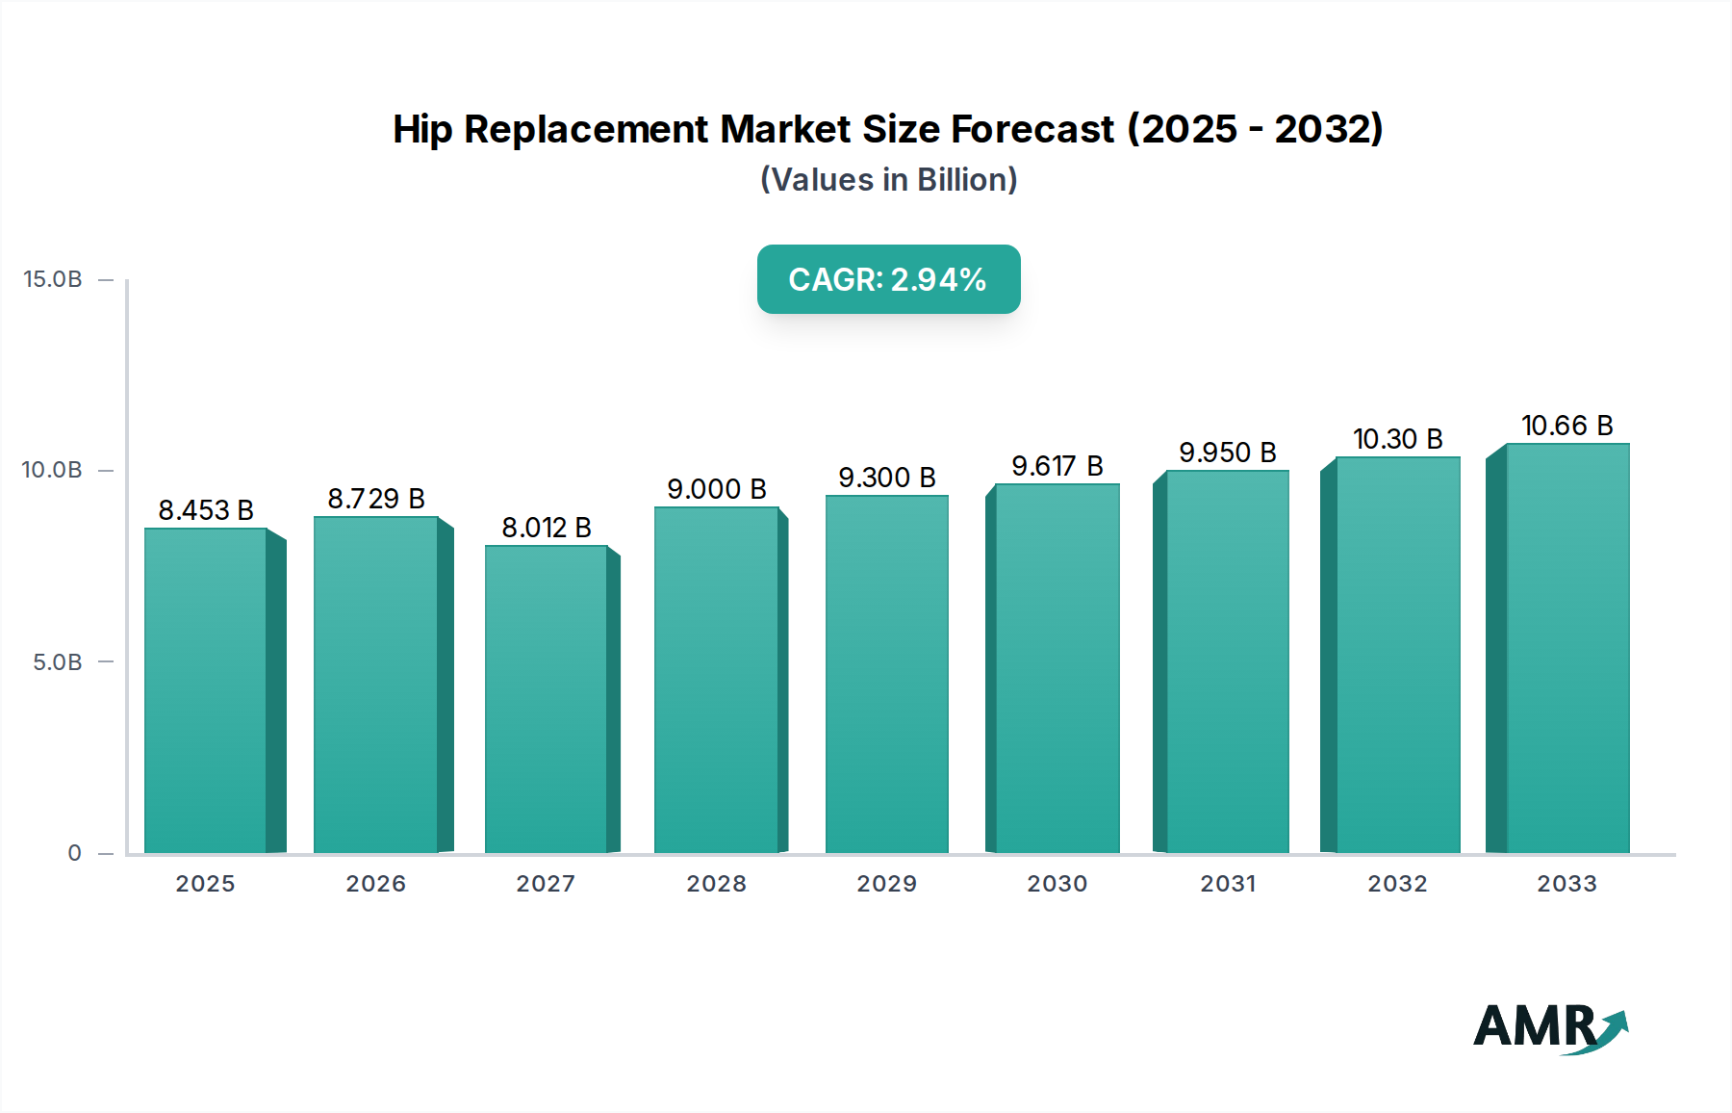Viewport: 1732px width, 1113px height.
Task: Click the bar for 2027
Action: [x=546, y=699]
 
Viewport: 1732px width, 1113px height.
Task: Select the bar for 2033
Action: [x=1566, y=648]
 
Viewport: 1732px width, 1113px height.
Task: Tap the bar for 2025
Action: [x=205, y=690]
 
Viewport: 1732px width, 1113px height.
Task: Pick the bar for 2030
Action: [x=1057, y=668]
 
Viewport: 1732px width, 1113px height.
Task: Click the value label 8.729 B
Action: [x=376, y=499]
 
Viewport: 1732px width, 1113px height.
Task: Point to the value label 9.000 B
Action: [x=717, y=489]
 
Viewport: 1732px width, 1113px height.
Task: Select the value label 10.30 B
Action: [x=1397, y=439]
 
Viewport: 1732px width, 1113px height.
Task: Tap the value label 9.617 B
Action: [x=1057, y=466]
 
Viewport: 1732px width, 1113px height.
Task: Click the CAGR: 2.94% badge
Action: [x=888, y=279]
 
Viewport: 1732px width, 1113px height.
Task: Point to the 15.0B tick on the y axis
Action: [x=53, y=279]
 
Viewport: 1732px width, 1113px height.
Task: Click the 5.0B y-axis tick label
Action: [x=58, y=662]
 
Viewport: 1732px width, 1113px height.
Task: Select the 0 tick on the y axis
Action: [x=74, y=853]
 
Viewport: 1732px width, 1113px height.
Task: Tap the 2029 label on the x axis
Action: [x=886, y=884]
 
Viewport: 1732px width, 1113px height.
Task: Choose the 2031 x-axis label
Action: [x=1227, y=884]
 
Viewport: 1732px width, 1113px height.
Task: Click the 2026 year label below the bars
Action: [x=375, y=884]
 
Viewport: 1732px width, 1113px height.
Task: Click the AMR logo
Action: [x=1549, y=1027]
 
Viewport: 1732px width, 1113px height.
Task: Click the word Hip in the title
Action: [x=421, y=129]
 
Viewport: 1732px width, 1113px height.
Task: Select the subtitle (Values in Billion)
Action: [x=888, y=180]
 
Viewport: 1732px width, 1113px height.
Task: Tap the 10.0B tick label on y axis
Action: [x=53, y=470]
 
